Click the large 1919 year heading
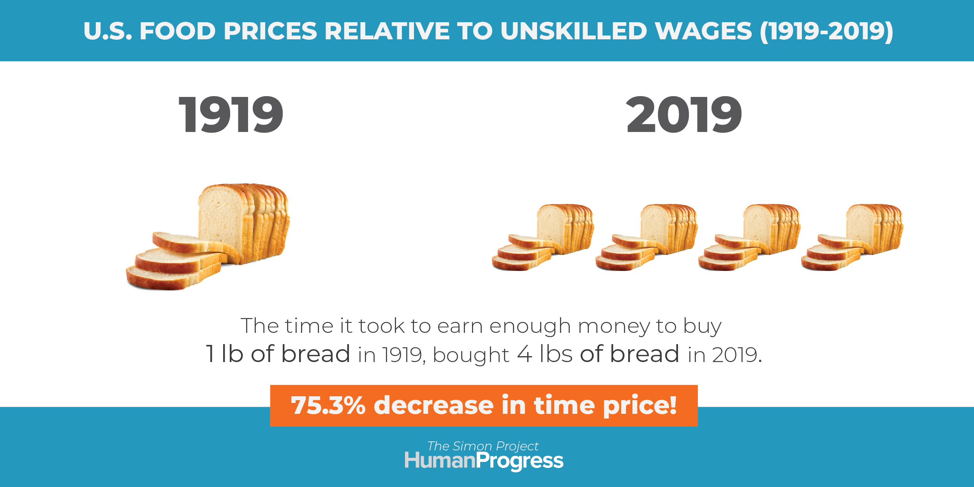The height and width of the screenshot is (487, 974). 231,114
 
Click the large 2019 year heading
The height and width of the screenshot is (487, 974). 684,114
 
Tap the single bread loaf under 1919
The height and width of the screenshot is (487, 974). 208,237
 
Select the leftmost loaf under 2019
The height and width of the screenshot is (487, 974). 543,237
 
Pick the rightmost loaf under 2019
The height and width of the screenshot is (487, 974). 852,237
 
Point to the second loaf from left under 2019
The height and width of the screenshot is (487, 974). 646,237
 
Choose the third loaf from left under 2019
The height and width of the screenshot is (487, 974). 749,237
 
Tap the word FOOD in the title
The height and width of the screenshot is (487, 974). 178,31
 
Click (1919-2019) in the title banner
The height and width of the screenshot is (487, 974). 826,32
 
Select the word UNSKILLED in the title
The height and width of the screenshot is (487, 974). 574,31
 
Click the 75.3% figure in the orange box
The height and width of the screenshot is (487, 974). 328,405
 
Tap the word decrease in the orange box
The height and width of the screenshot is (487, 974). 433,405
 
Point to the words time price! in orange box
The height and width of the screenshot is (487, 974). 605,406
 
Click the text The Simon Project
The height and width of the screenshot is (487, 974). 483,446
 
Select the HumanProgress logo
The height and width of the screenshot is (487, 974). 484,461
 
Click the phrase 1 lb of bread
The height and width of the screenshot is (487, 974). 278,354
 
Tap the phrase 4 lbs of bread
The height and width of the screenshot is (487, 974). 598,354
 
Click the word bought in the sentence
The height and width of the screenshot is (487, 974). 471,355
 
